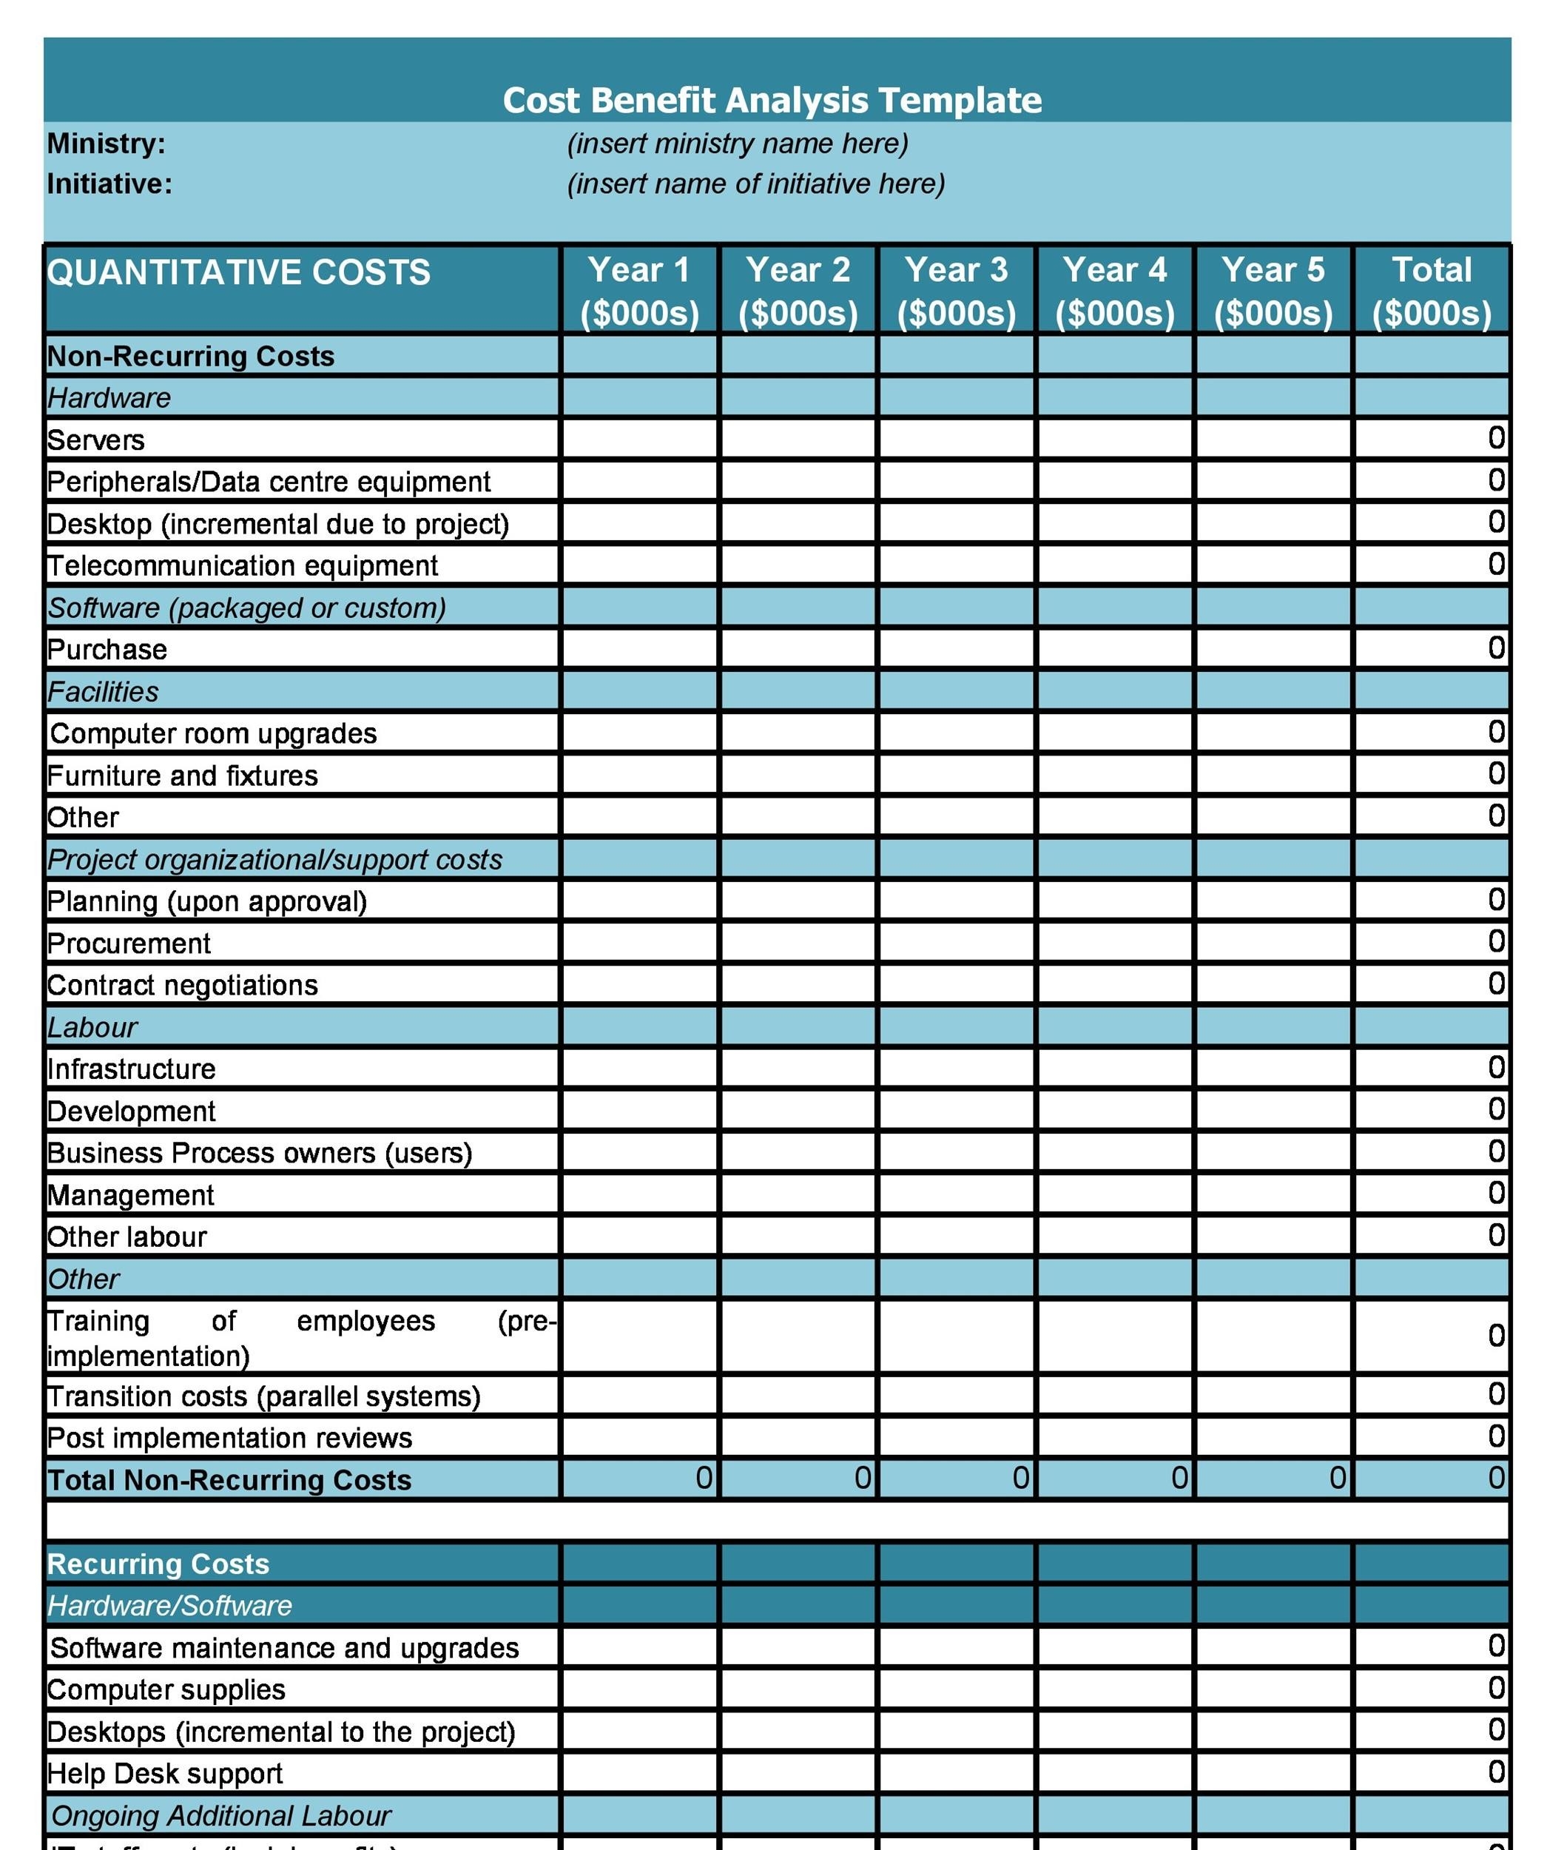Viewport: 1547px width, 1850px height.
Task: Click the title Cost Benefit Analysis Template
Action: click(x=772, y=101)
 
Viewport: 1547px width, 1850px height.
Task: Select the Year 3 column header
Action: click(x=956, y=291)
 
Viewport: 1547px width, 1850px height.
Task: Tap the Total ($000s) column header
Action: click(x=1431, y=291)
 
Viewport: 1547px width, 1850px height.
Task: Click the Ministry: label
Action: click(x=106, y=144)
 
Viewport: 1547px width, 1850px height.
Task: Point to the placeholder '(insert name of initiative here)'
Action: click(x=756, y=184)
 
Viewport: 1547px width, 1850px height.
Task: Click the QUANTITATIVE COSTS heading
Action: click(x=239, y=272)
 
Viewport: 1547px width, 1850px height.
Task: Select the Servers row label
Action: click(x=96, y=440)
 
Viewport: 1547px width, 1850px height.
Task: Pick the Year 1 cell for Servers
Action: click(x=640, y=439)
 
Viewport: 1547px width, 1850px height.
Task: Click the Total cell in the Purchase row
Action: click(x=1431, y=648)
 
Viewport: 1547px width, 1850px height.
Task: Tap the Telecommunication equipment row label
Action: click(x=242, y=565)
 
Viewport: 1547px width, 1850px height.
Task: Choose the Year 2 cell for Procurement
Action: click(x=798, y=943)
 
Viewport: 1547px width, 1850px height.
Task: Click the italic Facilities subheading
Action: click(x=103, y=692)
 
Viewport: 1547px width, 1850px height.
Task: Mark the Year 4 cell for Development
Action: click(x=1114, y=1110)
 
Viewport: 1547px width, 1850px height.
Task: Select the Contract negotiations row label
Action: click(x=182, y=985)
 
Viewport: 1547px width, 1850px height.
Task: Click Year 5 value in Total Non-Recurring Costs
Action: click(x=1273, y=1479)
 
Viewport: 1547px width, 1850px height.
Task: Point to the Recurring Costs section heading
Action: click(x=158, y=1564)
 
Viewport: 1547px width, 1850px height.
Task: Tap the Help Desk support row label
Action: click(x=165, y=1772)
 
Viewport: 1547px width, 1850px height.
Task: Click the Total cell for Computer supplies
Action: click(x=1431, y=1688)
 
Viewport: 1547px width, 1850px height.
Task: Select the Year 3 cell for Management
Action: click(x=956, y=1194)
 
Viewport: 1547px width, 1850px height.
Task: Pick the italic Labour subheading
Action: click(x=92, y=1027)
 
